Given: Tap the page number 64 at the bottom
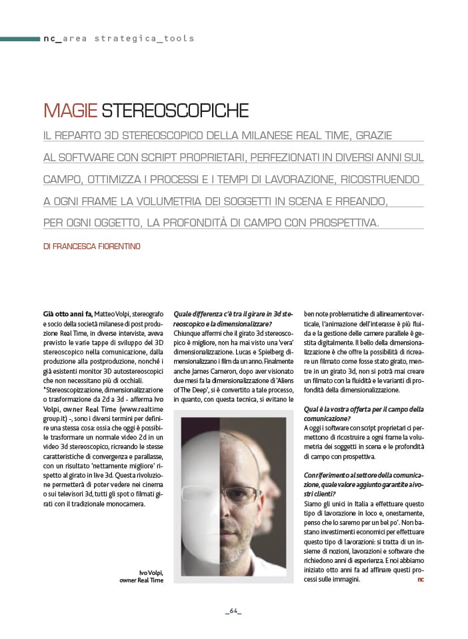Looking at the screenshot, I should tap(233, 611).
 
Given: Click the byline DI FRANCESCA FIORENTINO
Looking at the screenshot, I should tap(92, 246).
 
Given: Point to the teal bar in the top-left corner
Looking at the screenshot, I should tap(19, 39).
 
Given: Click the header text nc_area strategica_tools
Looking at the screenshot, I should tap(119, 39).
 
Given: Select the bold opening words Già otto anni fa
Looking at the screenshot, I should tap(67, 313).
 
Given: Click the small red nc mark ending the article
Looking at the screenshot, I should tap(420, 580).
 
